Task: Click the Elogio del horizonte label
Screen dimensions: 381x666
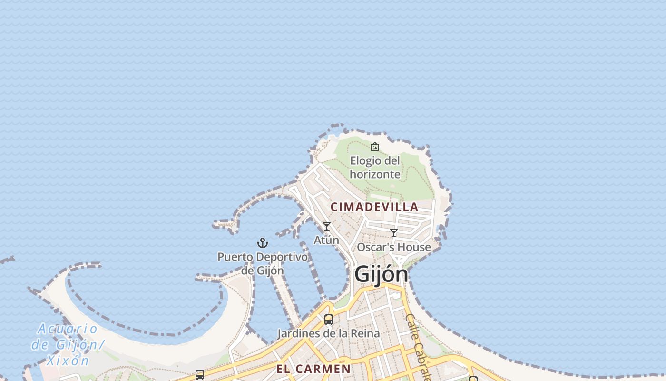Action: [x=375, y=167]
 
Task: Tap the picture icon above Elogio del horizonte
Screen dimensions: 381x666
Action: [x=375, y=147]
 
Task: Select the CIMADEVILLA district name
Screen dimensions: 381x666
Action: [x=374, y=207]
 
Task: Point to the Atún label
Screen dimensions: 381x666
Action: [x=326, y=240]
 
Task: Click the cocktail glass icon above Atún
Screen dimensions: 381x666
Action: [x=327, y=226]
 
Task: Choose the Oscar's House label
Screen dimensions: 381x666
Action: [x=394, y=247]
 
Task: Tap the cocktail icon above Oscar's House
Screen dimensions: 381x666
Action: [x=394, y=233]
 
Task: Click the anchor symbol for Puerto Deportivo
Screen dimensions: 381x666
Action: [x=263, y=243]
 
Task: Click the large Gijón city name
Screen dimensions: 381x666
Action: [x=381, y=274]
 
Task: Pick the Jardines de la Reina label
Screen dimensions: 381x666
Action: [x=329, y=333]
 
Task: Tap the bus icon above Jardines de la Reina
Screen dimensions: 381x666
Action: [x=329, y=320]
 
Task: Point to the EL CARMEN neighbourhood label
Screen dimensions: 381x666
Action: [x=313, y=369]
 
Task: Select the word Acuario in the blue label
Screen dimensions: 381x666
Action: [x=67, y=329]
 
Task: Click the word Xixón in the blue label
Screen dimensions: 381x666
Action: [x=69, y=361]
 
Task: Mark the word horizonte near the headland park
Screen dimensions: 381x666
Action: [x=375, y=174]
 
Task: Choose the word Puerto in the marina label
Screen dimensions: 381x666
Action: [x=235, y=257]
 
